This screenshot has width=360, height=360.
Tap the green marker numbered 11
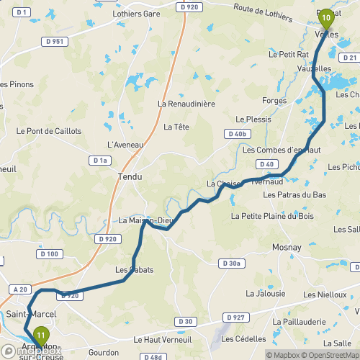click(42, 335)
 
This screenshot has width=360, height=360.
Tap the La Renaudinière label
click(186, 104)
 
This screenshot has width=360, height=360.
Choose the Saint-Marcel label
click(27, 315)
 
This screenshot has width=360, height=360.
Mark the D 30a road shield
click(230, 264)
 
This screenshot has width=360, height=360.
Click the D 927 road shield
click(235, 317)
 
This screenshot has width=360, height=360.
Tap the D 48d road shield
click(152, 356)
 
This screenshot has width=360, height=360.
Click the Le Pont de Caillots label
click(49, 131)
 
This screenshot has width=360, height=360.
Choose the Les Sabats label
click(134, 270)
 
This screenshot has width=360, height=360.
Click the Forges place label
click(275, 101)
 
